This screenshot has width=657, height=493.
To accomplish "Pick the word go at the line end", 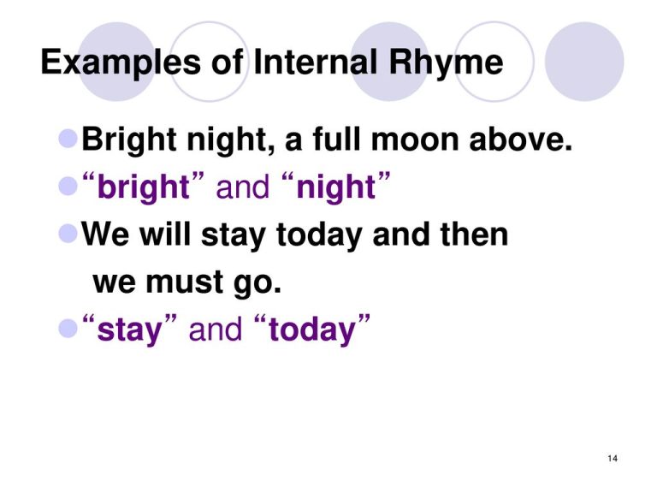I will tap(256, 282).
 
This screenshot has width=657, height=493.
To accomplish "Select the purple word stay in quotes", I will tap(129, 330).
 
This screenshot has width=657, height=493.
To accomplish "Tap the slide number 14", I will tap(611, 460).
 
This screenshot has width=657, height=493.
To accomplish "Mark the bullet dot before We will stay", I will tap(69, 234).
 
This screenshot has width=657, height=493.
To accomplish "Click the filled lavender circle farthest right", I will tap(584, 62).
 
